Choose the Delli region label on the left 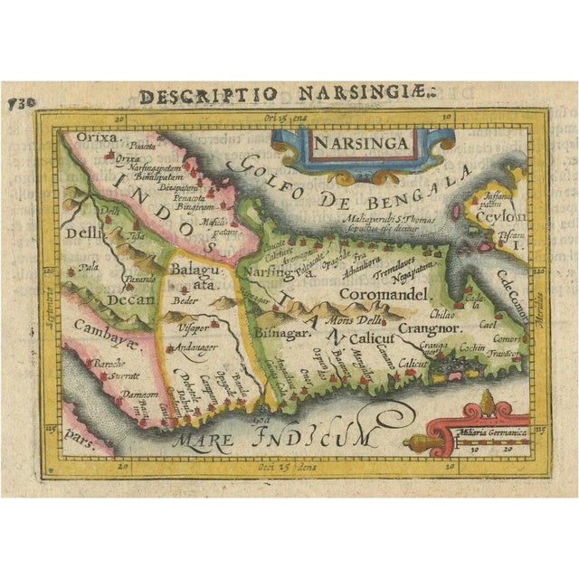click(x=83, y=234)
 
